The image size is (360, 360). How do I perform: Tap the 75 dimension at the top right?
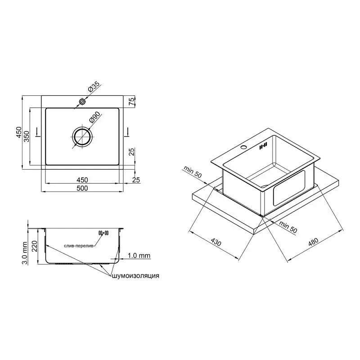click(x=131, y=102)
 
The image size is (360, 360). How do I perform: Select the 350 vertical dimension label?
click(x=27, y=136)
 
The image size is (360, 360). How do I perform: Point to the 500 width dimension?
click(x=82, y=188)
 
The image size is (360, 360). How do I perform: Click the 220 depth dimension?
click(x=34, y=246)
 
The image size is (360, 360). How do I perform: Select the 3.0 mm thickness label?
click(x=25, y=253)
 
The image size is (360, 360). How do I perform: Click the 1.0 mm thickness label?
click(x=139, y=256)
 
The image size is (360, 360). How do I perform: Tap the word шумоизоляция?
click(x=135, y=276)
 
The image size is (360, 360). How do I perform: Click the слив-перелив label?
click(x=80, y=246)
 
